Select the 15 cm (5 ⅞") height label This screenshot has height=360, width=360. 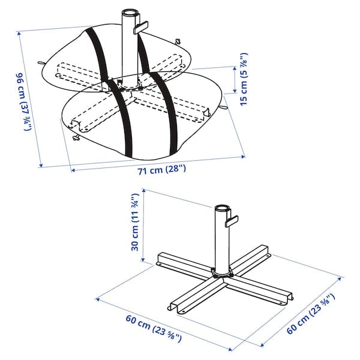[x=244, y=79]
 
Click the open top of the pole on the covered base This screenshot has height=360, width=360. [x=130, y=13]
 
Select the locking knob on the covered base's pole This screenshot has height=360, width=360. [x=142, y=27]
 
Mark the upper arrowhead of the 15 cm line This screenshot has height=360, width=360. [x=235, y=68]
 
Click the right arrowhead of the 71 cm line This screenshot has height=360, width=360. [x=244, y=156]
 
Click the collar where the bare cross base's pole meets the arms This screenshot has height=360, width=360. [x=221, y=274]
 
